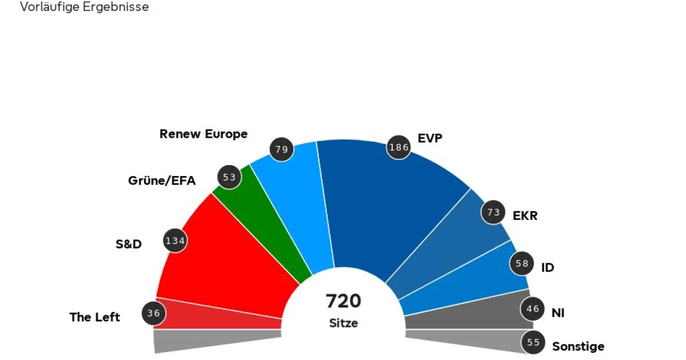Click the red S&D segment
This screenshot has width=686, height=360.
point(229,257)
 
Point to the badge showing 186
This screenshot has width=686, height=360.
point(398,147)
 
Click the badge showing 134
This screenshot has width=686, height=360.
point(175,241)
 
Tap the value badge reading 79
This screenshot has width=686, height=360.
point(281,150)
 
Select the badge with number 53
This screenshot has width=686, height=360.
point(230,177)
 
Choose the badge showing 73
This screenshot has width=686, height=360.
point(493,213)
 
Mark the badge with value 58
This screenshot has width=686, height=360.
point(521,263)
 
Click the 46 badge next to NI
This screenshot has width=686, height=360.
point(533,309)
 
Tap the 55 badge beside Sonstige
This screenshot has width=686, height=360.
point(533,343)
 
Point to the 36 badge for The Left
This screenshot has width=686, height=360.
point(154,313)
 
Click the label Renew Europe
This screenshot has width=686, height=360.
point(204,134)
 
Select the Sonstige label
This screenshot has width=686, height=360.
point(578,346)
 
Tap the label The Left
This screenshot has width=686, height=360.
point(95,317)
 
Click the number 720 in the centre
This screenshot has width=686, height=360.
point(344,301)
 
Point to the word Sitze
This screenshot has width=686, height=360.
point(344,323)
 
